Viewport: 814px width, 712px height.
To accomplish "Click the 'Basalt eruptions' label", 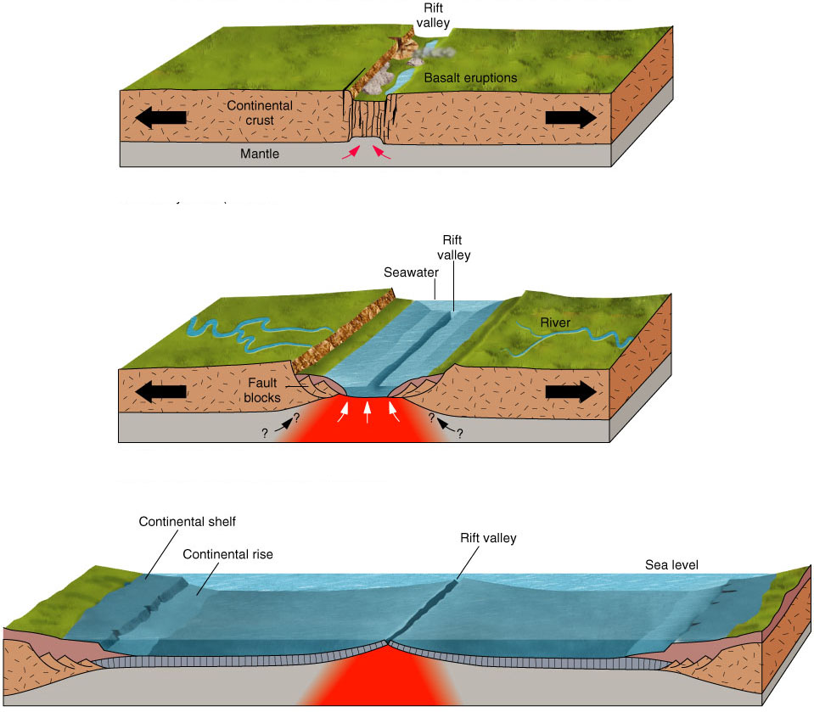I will [470, 78].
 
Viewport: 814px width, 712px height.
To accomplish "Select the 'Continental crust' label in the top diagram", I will [259, 114].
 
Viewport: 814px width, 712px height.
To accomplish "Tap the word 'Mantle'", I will [259, 154].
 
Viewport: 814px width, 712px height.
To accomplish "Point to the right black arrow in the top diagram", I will [570, 117].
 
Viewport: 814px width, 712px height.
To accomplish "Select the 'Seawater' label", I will [409, 272].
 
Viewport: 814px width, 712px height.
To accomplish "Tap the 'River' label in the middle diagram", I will [557, 322].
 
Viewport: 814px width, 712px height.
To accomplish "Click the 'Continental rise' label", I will [228, 554].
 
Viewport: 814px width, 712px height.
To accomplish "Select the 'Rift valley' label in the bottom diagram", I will [488, 538].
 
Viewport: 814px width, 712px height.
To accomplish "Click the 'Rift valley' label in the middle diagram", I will [456, 248].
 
